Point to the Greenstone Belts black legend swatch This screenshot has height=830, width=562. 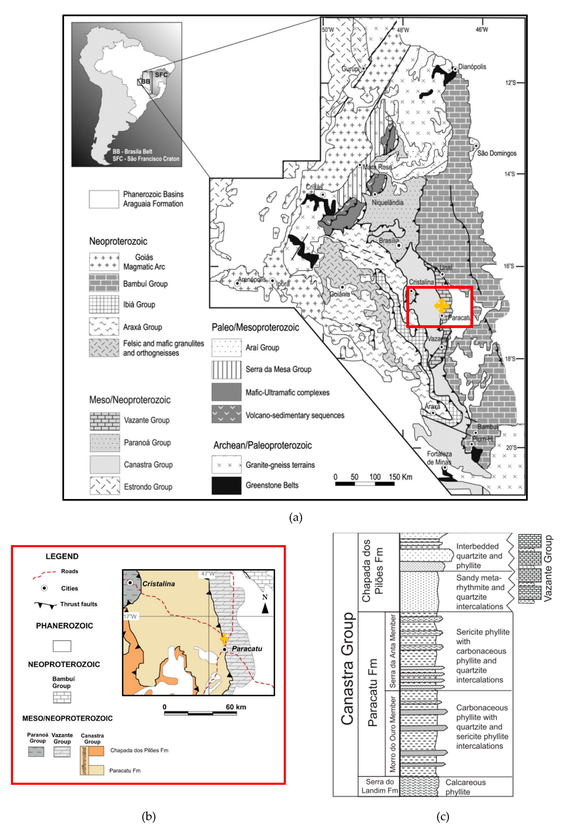click(x=226, y=485)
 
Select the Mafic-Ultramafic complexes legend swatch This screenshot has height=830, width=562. click(x=226, y=392)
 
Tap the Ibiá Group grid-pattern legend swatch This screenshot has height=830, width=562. click(x=104, y=304)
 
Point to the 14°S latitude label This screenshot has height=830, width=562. click(x=509, y=174)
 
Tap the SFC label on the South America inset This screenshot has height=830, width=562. click(x=161, y=75)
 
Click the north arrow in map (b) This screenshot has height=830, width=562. click(x=265, y=607)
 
